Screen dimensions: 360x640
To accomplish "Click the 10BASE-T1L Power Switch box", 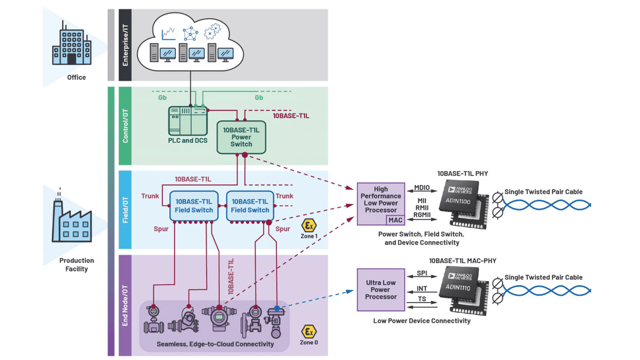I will pyautogui.click(x=241, y=137).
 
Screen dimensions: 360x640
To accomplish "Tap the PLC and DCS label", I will pyautogui.click(x=187, y=140).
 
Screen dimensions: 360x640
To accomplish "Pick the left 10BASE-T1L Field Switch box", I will pyautogui.click(x=194, y=205).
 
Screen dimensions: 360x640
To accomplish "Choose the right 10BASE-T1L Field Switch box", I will pyautogui.click(x=250, y=205).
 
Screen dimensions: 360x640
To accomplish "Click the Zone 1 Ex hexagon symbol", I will pyautogui.click(x=309, y=225).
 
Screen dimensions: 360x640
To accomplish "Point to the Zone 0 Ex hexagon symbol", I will pyautogui.click(x=308, y=331).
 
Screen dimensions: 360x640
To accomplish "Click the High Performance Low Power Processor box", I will pyautogui.click(x=380, y=200).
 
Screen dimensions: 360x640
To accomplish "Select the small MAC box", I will pyautogui.click(x=395, y=220).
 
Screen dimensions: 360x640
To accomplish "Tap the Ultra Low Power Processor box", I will pyautogui.click(x=380, y=289).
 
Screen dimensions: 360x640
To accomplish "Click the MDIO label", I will pyautogui.click(x=422, y=188).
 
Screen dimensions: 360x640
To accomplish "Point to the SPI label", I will pyautogui.click(x=422, y=273).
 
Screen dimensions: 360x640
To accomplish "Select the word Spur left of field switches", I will pyautogui.click(x=161, y=229).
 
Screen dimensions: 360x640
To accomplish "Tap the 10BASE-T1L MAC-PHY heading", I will pyautogui.click(x=462, y=261).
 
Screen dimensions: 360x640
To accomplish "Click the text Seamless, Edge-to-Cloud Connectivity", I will pyautogui.click(x=215, y=344).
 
